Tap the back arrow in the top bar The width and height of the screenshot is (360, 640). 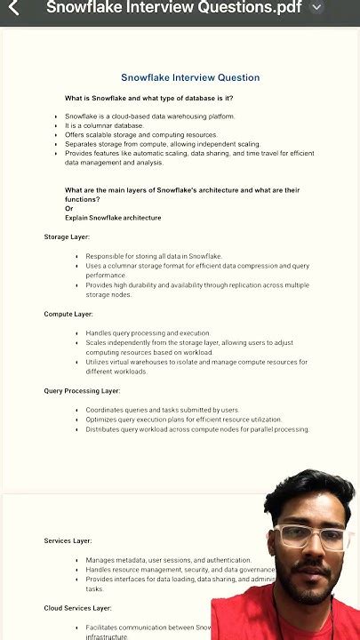(x=13, y=8)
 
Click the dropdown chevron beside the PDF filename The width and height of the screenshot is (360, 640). (x=317, y=7)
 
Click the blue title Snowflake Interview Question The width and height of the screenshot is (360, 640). (x=190, y=77)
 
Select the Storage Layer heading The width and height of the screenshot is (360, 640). (x=68, y=237)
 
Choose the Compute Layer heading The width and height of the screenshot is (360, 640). (x=68, y=314)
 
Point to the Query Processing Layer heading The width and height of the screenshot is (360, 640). (x=82, y=390)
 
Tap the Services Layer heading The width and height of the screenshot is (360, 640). (x=68, y=540)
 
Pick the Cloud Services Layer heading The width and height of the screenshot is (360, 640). (x=77, y=608)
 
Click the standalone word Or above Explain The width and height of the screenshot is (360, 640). (x=68, y=208)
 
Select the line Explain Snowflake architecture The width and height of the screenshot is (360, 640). (x=113, y=218)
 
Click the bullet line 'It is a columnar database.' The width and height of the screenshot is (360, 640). (x=103, y=125)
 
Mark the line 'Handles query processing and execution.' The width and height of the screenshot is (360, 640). (x=148, y=333)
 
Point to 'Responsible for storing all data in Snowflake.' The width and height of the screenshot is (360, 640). (x=153, y=256)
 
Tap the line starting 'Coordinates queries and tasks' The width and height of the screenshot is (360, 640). (x=162, y=410)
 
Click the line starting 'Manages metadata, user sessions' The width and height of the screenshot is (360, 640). (x=168, y=560)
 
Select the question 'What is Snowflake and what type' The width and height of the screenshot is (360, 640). (x=148, y=98)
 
